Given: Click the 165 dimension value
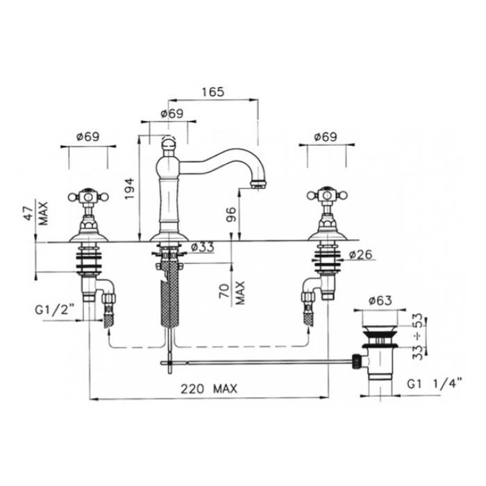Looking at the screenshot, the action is pos(212,92).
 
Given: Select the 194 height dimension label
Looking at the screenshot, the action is pos(130,189).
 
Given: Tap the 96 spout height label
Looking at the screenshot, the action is pos(231,214).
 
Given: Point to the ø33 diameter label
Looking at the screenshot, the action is pos(203,247).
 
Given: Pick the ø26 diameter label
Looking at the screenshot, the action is pos(360,255).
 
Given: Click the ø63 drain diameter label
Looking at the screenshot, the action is pos(380,301).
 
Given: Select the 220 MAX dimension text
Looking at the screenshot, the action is pos(209,389).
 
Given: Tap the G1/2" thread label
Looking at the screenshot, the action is pos(55,310).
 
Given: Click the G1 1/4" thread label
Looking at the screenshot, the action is pos(434,385).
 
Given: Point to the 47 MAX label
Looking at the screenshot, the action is pos(36,213).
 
